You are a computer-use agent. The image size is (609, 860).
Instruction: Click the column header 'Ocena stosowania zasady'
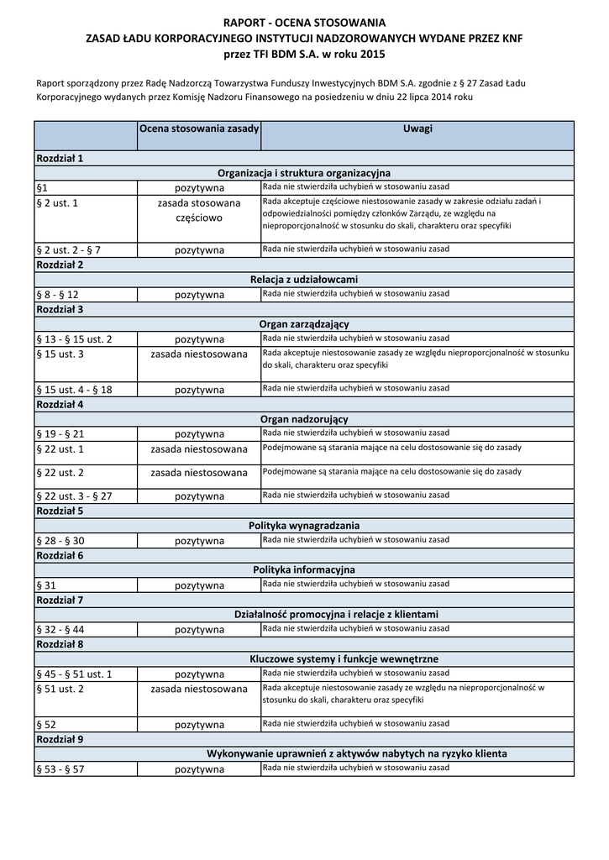[199, 128]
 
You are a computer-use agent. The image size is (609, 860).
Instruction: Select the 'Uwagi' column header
[417, 128]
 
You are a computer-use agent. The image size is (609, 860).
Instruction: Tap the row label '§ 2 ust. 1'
[58, 203]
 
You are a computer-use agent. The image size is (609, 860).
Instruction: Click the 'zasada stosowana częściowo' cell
[199, 211]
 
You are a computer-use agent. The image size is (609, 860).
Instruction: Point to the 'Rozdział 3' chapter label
[59, 310]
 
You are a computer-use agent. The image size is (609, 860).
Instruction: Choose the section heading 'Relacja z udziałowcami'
[304, 280]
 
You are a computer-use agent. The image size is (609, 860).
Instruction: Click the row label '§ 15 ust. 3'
[61, 354]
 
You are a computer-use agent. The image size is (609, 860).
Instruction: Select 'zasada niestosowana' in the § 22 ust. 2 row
[199, 473]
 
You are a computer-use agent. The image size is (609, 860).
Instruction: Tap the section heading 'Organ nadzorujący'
[304, 419]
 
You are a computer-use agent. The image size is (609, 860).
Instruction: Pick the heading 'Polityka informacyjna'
[304, 570]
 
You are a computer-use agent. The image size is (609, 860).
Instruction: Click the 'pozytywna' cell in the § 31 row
[199, 585]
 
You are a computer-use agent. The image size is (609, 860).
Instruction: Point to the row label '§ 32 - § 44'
[60, 630]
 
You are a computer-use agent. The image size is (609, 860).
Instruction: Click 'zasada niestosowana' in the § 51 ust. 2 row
[199, 690]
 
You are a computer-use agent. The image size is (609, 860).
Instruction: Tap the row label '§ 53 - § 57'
[60, 769]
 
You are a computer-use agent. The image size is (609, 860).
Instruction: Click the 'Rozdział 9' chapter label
[59, 740]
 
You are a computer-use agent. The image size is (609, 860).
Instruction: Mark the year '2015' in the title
[372, 54]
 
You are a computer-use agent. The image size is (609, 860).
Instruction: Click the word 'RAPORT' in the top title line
[243, 23]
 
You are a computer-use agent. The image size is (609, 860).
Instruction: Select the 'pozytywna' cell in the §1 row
[199, 188]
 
